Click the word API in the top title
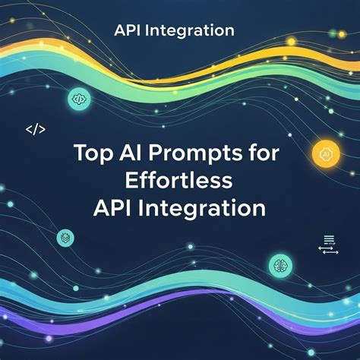(128, 31)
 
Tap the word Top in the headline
(92, 152)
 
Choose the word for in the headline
(261, 151)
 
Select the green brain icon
(279, 265)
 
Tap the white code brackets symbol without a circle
(36, 130)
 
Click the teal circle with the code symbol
(78, 98)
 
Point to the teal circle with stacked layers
(67, 238)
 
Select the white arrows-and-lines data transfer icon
(328, 245)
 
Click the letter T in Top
(80, 151)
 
